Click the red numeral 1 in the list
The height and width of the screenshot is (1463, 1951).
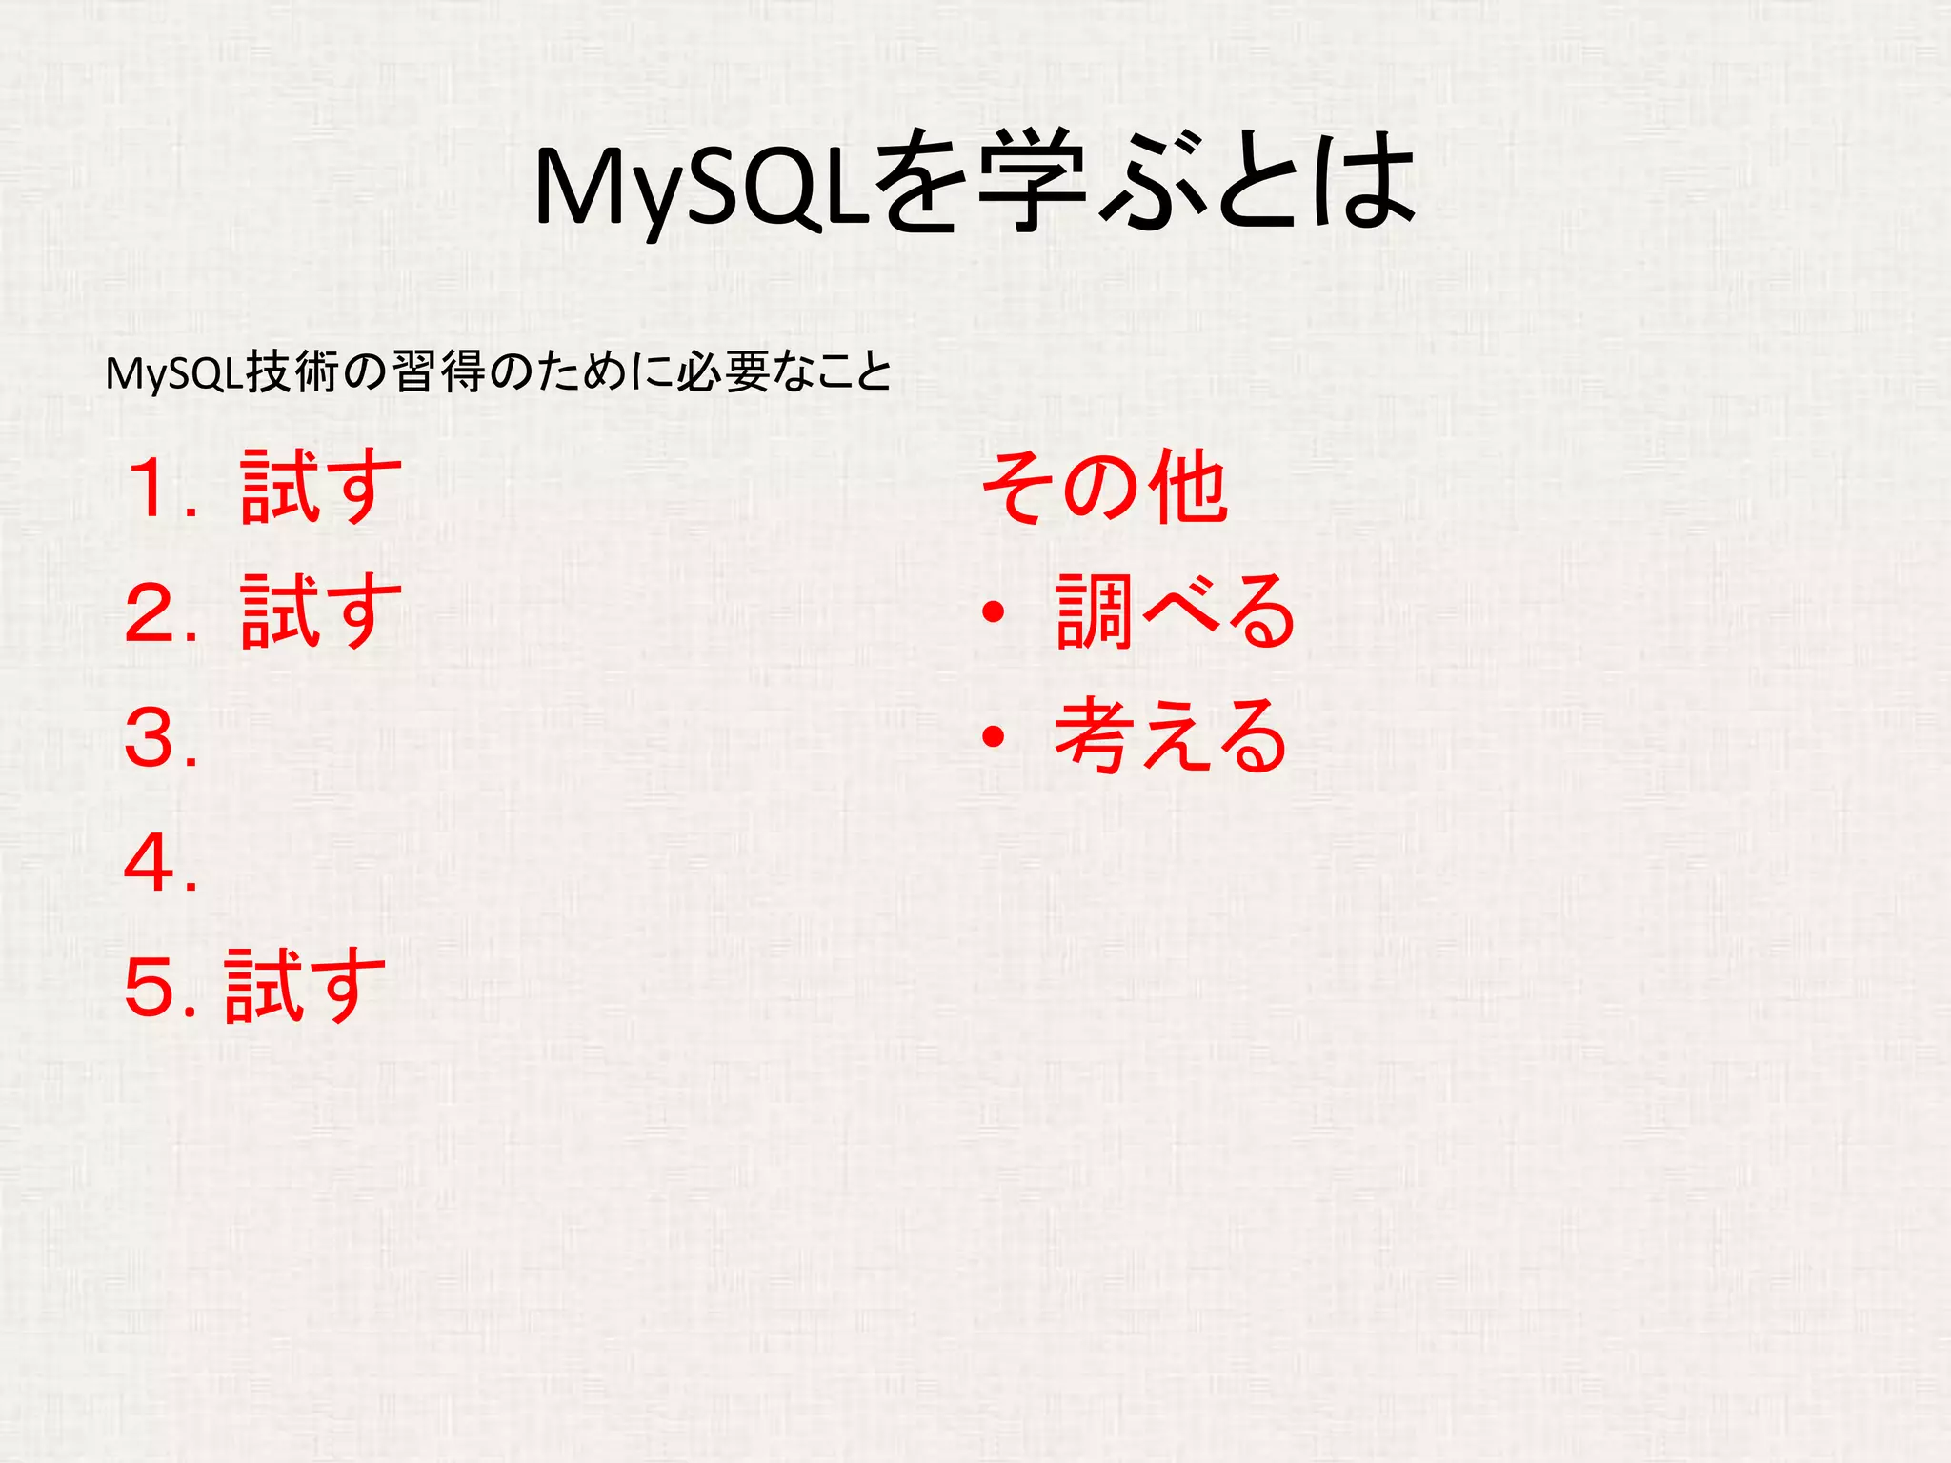pos(153,488)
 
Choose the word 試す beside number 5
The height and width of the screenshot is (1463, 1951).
pos(306,986)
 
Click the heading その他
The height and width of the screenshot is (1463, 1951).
pos(1105,487)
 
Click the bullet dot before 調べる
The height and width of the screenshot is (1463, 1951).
pos(994,612)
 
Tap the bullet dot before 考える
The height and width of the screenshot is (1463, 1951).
pos(994,736)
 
